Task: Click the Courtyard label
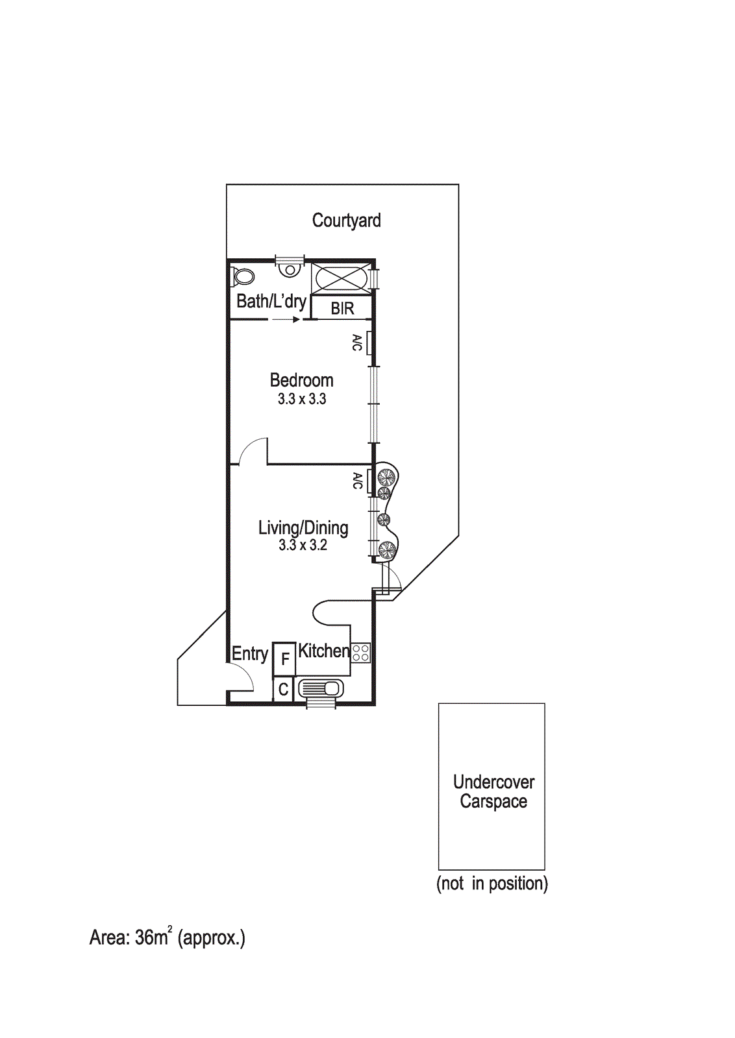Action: coord(347,221)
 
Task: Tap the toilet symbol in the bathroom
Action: coord(243,277)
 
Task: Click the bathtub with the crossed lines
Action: coord(342,278)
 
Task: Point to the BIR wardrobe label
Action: coord(342,309)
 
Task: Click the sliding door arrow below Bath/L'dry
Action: coord(286,319)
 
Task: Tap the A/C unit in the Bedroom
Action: coord(369,343)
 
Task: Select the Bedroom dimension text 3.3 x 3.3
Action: coord(302,398)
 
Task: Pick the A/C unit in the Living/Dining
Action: coord(369,481)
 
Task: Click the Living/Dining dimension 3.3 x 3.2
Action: coord(303,545)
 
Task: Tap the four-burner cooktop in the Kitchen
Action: coord(361,653)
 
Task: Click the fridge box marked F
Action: coord(284,658)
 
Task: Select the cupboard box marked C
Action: coord(283,690)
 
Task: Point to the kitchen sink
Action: coord(321,688)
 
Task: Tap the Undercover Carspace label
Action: coord(493,792)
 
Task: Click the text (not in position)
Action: coord(492,884)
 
